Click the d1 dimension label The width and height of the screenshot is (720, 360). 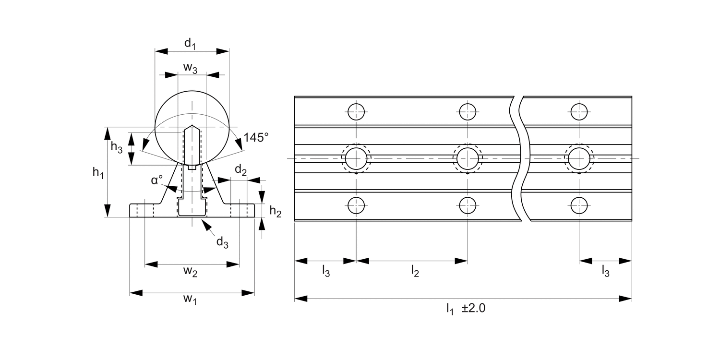[190, 44]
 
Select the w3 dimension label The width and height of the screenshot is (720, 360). [190, 68]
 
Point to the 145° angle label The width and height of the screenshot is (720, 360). [255, 138]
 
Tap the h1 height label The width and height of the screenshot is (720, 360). [98, 173]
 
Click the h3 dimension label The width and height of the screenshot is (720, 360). [117, 147]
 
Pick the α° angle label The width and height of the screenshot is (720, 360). [157, 180]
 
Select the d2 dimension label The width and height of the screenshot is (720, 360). [241, 170]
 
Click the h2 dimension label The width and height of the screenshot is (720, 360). [276, 212]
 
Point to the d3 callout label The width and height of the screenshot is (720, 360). [222, 242]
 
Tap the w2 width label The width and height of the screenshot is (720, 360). [190, 272]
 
